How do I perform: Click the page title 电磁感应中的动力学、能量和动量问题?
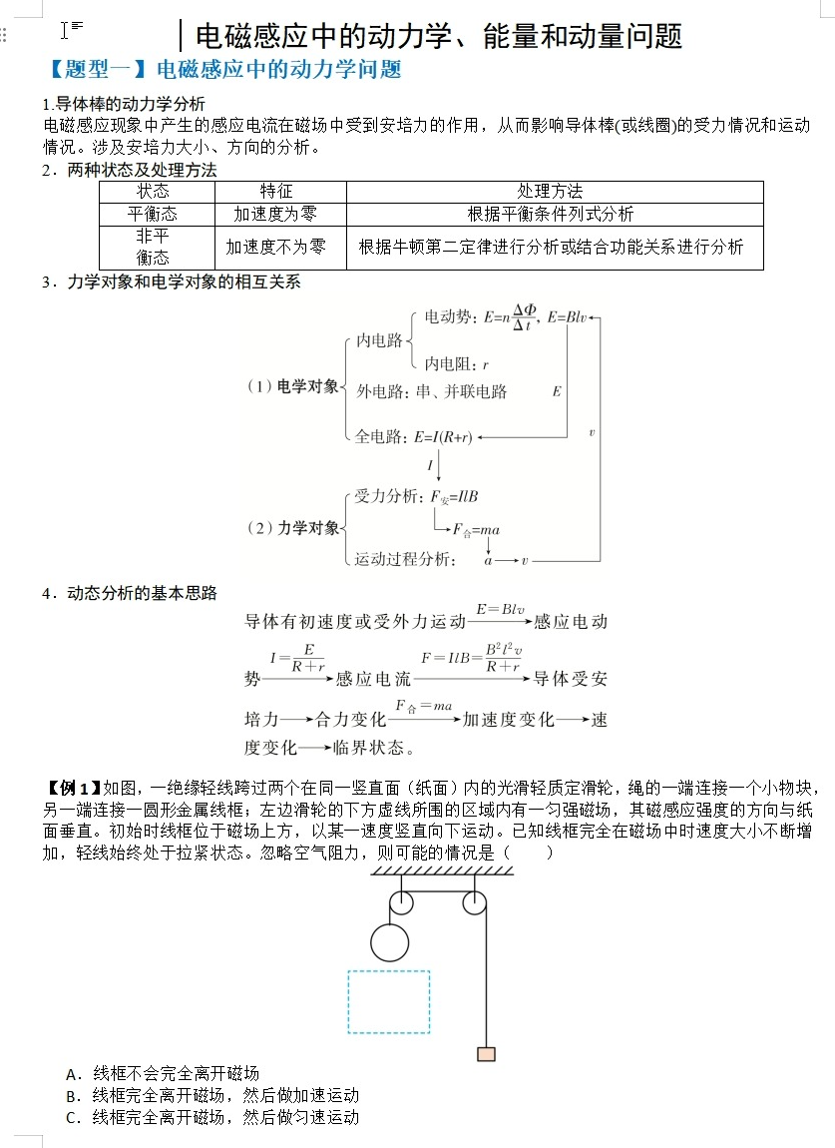tap(439, 36)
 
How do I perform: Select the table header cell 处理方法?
tap(550, 191)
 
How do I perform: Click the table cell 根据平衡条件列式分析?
tap(550, 214)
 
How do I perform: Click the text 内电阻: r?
tap(456, 363)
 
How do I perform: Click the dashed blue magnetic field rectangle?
tap(388, 1001)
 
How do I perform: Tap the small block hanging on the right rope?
tap(486, 1053)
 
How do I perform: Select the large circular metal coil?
tap(388, 941)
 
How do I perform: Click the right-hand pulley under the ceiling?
tap(475, 903)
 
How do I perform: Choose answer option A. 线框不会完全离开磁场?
tap(163, 1073)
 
